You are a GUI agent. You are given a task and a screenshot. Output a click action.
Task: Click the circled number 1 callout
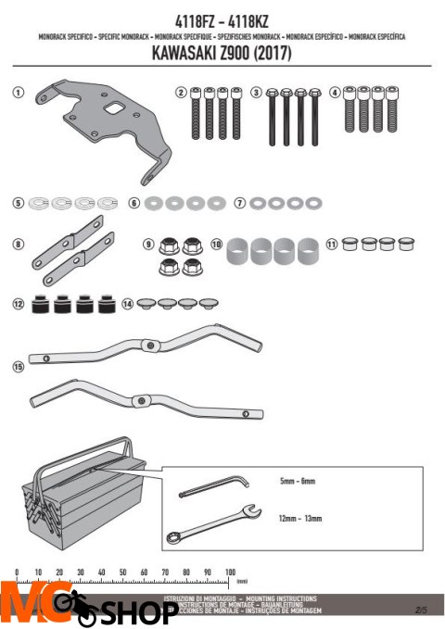pyautogui.click(x=17, y=94)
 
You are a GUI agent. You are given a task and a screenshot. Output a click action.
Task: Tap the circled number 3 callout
pyautogui.click(x=257, y=93)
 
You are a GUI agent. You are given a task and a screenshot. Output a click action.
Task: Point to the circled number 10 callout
pyautogui.click(x=216, y=245)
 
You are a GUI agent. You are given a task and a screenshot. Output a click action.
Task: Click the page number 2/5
pyautogui.click(x=422, y=609)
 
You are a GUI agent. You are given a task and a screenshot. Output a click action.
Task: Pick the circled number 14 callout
pyautogui.click(x=127, y=304)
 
